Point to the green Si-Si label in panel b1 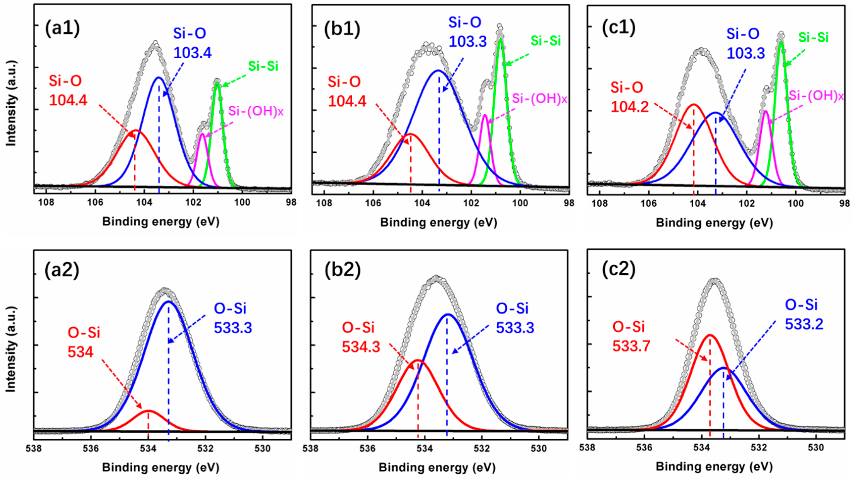pyautogui.click(x=546, y=41)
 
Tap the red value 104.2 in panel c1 pyautogui.click(x=629, y=107)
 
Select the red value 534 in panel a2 pyautogui.click(x=80, y=352)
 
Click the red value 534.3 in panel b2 pyautogui.click(x=361, y=347)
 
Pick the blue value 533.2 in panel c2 pyautogui.click(x=804, y=324)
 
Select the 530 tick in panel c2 pyautogui.click(x=816, y=448)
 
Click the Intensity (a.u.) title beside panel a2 pyautogui.click(x=11, y=349)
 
